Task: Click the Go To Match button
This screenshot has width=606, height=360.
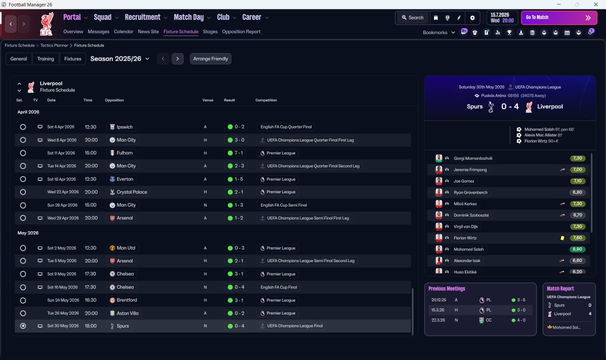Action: tap(559, 18)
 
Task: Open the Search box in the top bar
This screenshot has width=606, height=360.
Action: tap(413, 18)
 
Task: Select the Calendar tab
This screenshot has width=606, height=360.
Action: tap(124, 32)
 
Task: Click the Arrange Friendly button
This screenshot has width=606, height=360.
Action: tap(211, 59)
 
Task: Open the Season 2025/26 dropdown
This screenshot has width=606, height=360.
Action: tap(120, 59)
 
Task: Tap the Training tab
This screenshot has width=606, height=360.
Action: tap(45, 59)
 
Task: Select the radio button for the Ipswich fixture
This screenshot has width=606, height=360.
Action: tap(23, 127)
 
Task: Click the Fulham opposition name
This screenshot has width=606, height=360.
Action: tap(125, 153)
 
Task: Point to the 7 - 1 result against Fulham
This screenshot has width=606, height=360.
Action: tap(238, 153)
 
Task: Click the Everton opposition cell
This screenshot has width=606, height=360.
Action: tap(122, 179)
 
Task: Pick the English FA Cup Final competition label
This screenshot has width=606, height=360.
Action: tap(279, 287)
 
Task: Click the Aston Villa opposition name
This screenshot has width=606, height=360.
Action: tap(127, 313)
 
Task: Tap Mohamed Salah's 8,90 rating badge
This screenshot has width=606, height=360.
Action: tap(577, 249)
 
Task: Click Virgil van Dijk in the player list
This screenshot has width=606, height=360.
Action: tap(465, 226)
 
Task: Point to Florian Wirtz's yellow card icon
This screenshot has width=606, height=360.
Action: tap(562, 238)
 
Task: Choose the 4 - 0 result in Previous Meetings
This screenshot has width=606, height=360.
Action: tap(521, 320)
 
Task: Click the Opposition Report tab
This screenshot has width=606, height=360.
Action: tap(241, 32)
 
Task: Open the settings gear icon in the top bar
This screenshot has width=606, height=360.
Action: tap(472, 18)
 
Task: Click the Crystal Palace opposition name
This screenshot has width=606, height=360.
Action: tap(132, 192)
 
